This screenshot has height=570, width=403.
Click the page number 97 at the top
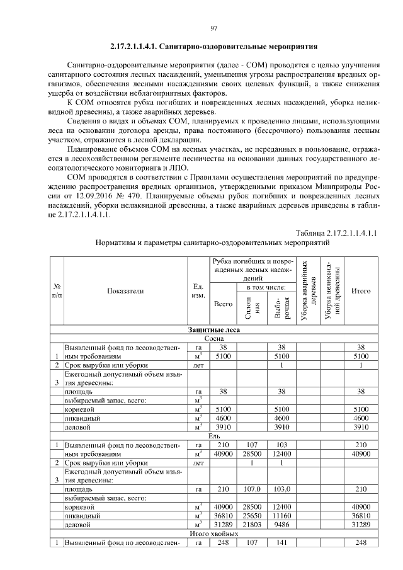coord(213,28)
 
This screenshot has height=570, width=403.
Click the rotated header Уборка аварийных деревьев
coord(308,290)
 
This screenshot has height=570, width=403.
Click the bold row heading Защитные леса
coord(213,329)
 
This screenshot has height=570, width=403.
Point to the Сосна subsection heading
coord(213,338)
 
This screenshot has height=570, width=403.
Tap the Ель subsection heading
coord(213,435)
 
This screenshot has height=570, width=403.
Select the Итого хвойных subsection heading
coord(213,533)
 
